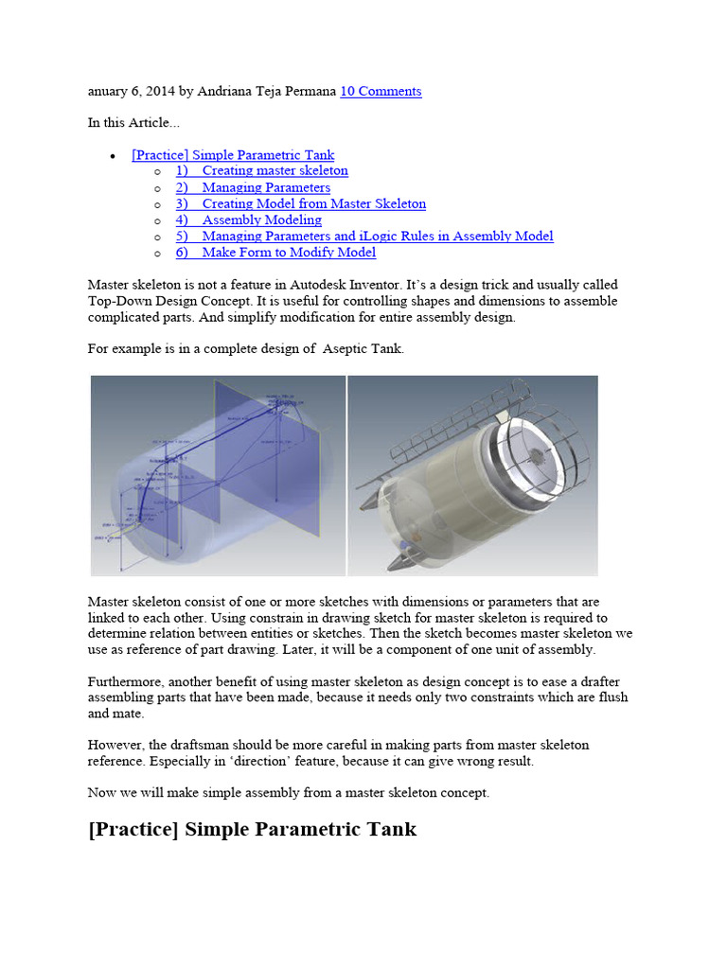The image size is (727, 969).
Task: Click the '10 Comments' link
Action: [x=381, y=91]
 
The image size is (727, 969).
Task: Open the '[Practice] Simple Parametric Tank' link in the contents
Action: [x=233, y=155]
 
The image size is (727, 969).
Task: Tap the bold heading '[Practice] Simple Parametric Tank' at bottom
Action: [x=252, y=830]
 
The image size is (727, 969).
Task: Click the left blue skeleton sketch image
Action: [x=218, y=475]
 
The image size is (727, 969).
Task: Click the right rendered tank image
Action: [x=472, y=475]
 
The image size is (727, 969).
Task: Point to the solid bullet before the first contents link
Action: [x=114, y=156]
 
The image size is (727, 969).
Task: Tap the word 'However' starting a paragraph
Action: [x=115, y=745]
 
